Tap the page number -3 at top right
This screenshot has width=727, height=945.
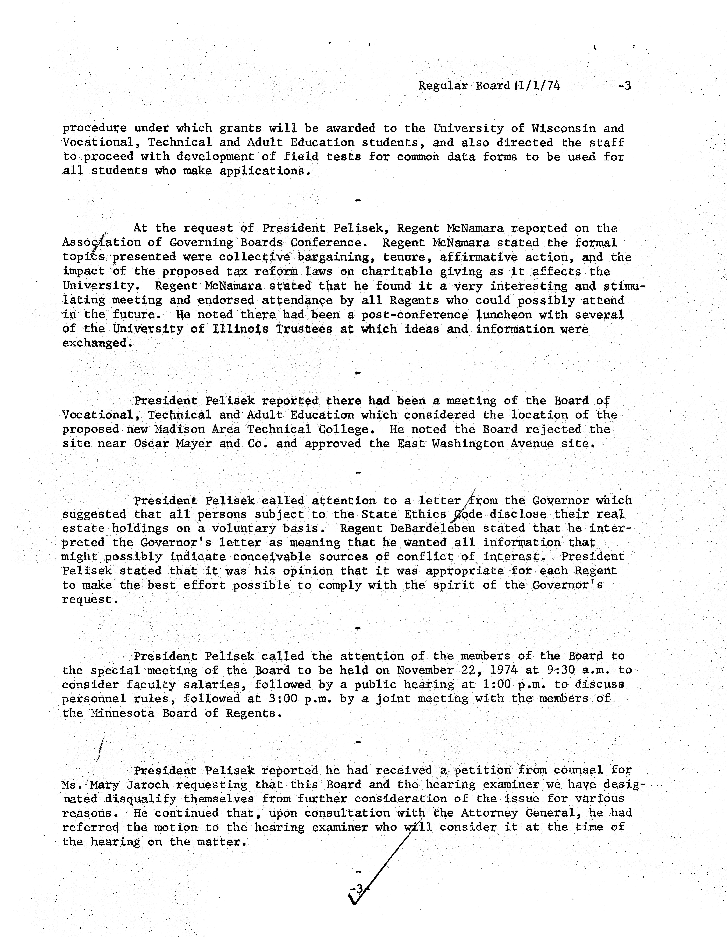[x=624, y=86]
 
